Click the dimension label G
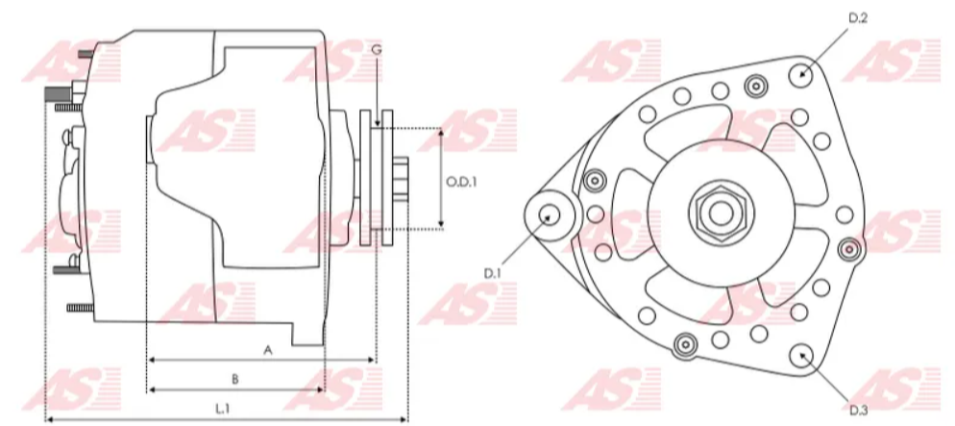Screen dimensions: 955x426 tap(377, 49)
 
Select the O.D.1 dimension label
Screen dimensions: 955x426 tap(461, 182)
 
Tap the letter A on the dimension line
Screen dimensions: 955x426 tap(267, 350)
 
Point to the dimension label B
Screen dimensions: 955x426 tap(235, 379)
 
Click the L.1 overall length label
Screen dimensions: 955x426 tap(222, 409)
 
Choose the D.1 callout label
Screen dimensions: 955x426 tap(492, 274)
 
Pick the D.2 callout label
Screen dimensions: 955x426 tap(858, 18)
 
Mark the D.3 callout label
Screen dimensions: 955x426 tap(858, 411)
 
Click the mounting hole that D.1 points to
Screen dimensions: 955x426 tap(550, 214)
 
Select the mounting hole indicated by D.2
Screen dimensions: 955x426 tap(801, 76)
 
